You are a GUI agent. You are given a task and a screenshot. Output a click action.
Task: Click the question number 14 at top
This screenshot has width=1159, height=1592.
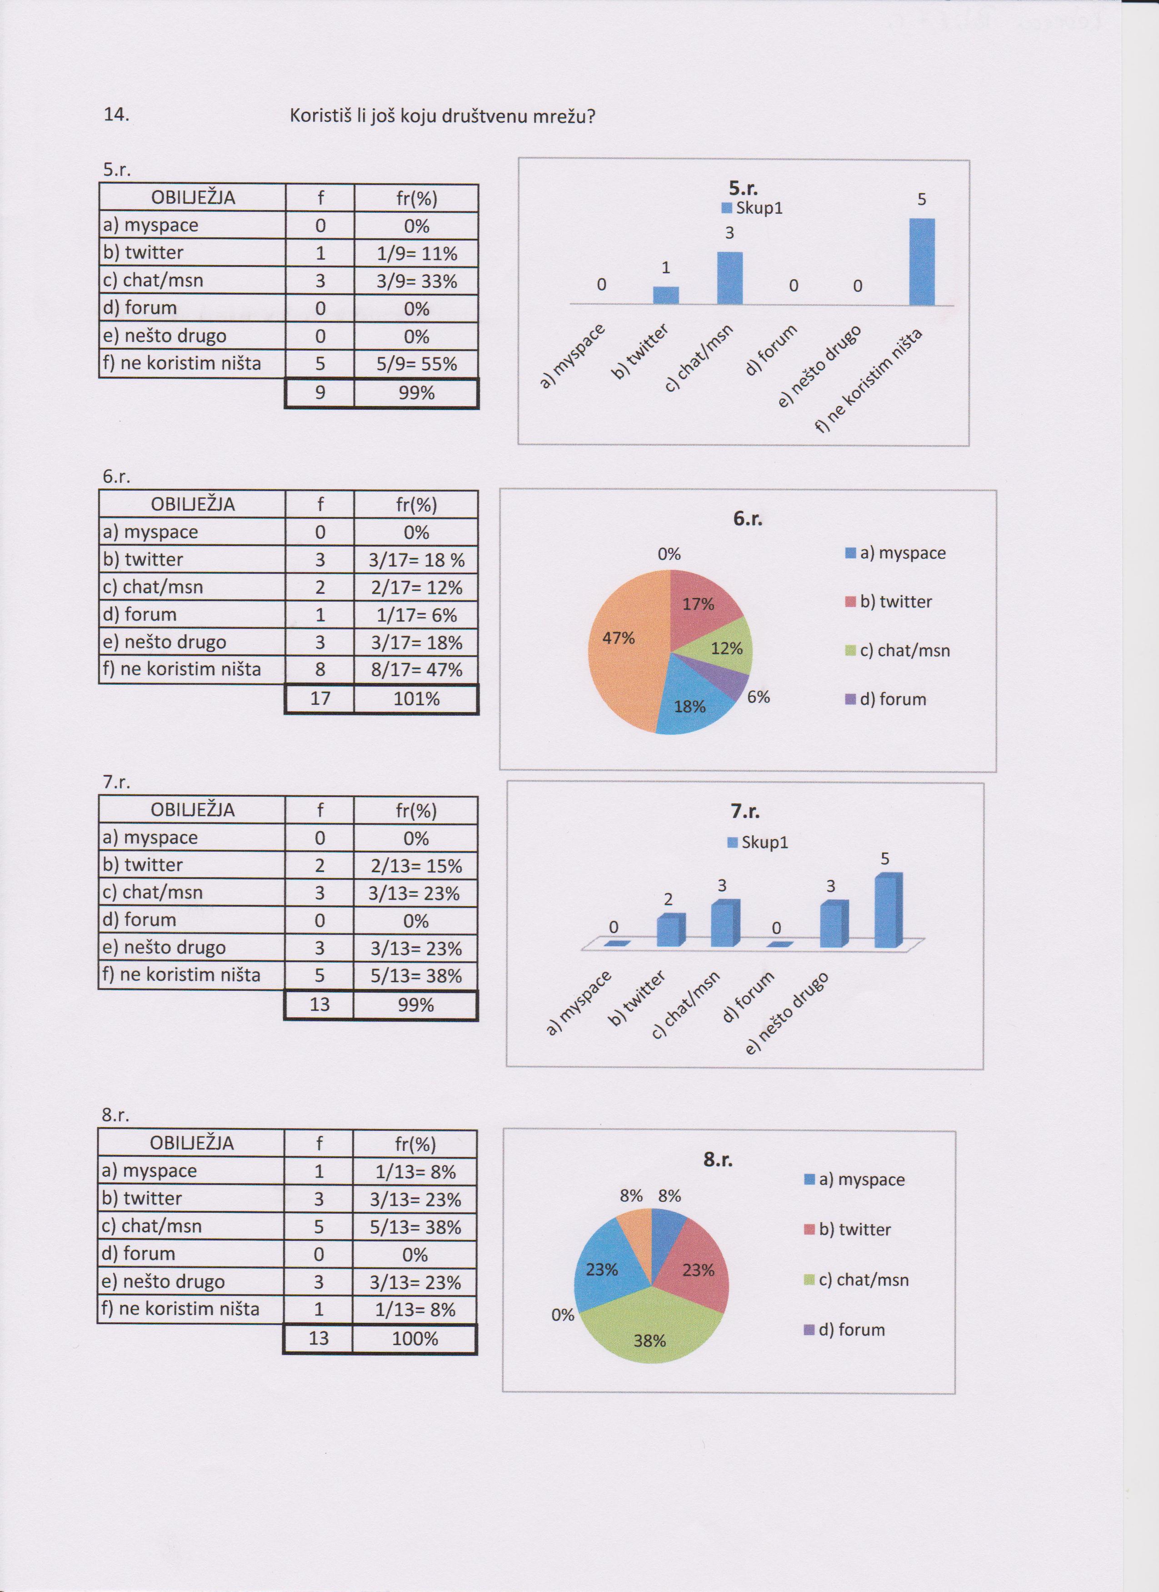116,115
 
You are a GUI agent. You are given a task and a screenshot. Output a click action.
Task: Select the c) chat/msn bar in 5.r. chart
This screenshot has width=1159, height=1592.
729,278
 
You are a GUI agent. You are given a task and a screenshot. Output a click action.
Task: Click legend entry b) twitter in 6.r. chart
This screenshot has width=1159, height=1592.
889,602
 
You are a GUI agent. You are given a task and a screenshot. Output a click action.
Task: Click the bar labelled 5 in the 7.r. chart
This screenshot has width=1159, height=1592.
888,910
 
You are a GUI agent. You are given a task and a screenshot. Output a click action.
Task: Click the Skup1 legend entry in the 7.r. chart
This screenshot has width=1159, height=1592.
758,842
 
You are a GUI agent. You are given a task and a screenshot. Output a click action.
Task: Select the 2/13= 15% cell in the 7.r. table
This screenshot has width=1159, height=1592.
416,866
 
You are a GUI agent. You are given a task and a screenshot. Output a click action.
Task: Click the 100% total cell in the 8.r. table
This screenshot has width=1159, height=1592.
415,1339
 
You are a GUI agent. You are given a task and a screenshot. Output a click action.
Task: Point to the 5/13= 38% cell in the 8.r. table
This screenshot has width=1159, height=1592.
415,1227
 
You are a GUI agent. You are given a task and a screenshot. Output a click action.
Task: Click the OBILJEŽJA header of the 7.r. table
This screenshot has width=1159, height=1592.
192,810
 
